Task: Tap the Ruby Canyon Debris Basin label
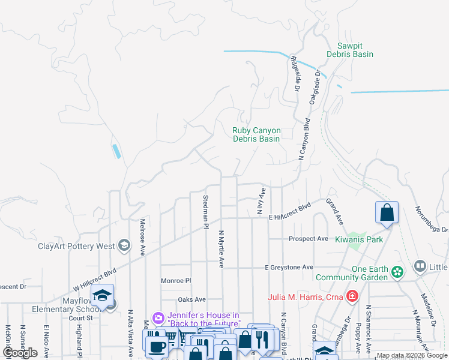point(256,134)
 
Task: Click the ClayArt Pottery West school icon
point(124,245)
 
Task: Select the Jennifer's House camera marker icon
point(158,317)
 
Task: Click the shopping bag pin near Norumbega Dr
point(387,212)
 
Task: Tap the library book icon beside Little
point(420,266)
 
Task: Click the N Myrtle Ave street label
point(221,249)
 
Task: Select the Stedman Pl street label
point(205,212)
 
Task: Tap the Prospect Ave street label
point(308,239)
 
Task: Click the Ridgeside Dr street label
point(295,73)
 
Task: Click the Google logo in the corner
point(20,353)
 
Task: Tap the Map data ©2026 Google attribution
point(412,355)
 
